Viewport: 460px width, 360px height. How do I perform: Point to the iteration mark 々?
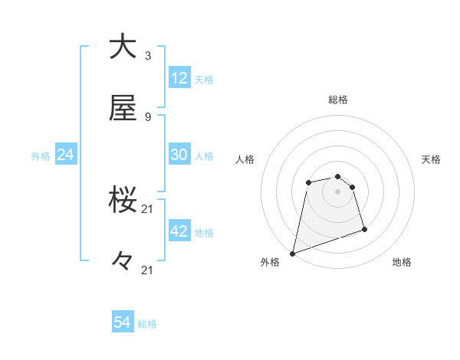pyautogui.click(x=123, y=260)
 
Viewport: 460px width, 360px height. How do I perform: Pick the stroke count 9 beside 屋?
pyautogui.click(x=147, y=117)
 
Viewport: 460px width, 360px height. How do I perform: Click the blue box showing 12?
pyautogui.click(x=179, y=78)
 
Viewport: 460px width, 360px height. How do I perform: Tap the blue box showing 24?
pyautogui.click(x=66, y=155)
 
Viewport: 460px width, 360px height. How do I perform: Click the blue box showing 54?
pyautogui.click(x=123, y=323)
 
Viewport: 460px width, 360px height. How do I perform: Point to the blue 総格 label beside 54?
pyautogui.click(x=147, y=325)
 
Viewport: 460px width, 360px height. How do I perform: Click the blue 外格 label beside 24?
pyautogui.click(x=41, y=156)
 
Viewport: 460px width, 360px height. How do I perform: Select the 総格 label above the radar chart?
pyautogui.click(x=338, y=100)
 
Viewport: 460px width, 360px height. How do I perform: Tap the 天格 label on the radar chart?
pyautogui.click(x=432, y=159)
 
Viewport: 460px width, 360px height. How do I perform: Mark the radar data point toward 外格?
pyautogui.click(x=293, y=253)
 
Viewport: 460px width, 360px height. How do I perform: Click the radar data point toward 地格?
pyautogui.click(x=364, y=229)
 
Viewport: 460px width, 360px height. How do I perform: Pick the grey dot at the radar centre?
pyautogui.click(x=337, y=191)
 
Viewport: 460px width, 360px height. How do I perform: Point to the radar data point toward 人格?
pyautogui.click(x=308, y=182)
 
